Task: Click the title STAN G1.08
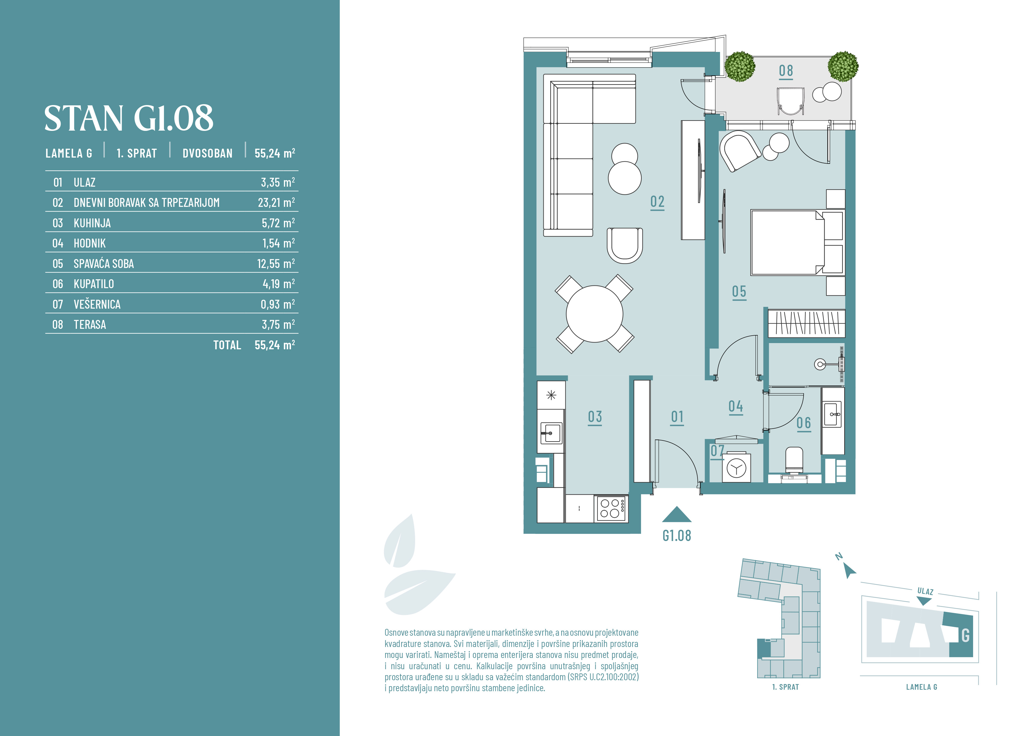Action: click(129, 118)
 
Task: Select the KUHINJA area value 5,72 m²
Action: click(278, 223)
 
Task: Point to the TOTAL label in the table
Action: click(227, 345)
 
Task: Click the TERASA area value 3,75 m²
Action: click(278, 324)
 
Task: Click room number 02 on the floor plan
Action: click(657, 202)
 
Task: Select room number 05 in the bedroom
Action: click(739, 292)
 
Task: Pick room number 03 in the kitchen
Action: click(595, 417)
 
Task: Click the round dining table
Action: click(594, 314)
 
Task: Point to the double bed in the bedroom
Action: click(797, 242)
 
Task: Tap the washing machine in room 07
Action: click(736, 468)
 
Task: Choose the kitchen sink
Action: click(551, 433)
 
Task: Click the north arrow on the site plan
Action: click(850, 571)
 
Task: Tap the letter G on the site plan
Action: click(965, 635)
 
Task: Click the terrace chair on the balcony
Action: click(791, 101)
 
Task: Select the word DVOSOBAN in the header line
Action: click(207, 153)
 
